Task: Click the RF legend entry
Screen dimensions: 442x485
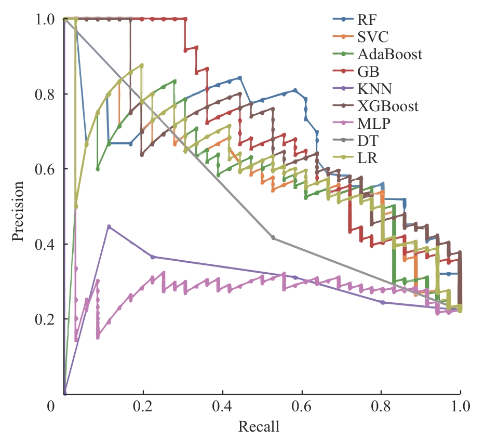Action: [x=367, y=20]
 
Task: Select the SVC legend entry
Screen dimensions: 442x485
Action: [x=372, y=37]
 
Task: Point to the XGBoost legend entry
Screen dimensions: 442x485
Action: [x=387, y=106]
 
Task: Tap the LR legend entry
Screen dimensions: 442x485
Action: [x=367, y=158]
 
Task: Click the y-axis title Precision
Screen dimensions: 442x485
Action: [x=19, y=211]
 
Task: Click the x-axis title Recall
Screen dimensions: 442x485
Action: [x=259, y=427]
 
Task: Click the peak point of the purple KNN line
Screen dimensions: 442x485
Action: [x=109, y=226]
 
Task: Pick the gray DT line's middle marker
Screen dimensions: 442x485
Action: [x=274, y=238]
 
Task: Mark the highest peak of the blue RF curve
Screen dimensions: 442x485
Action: [x=240, y=77]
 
